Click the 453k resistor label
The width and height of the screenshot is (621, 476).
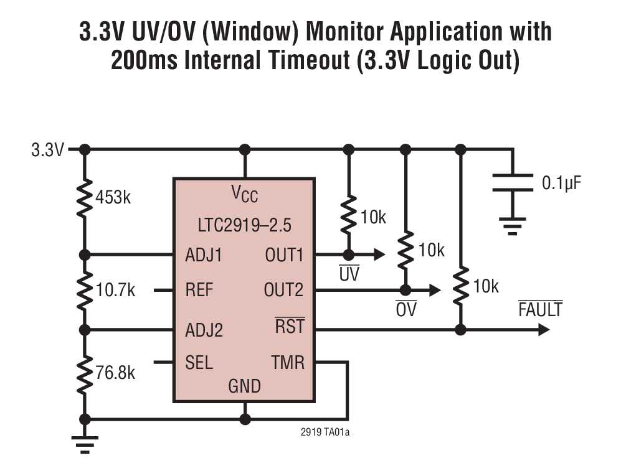coord(113,198)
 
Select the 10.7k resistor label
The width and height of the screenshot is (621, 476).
coord(116,290)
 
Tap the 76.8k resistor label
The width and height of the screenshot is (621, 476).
coord(116,373)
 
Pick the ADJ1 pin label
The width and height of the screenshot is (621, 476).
coord(204,255)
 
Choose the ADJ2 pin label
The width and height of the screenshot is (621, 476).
coord(204,330)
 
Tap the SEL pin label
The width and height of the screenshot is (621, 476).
coord(199,362)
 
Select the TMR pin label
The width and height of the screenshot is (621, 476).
coord(288,362)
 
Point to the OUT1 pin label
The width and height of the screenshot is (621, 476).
coord(284,255)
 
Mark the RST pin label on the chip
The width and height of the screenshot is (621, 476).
coord(290,327)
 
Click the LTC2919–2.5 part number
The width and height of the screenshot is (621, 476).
coord(244,224)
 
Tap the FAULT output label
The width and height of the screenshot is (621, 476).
coord(540,309)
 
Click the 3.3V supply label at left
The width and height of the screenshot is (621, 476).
coord(47,150)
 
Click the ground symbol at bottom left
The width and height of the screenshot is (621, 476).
coord(85,443)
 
